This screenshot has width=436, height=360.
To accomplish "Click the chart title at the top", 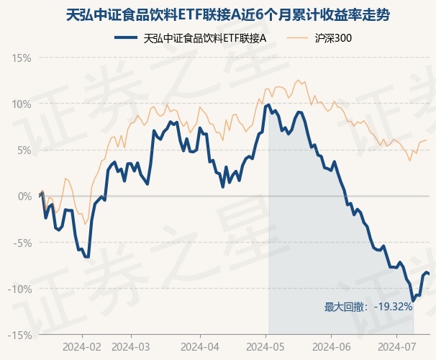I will pyautogui.click(x=218, y=14).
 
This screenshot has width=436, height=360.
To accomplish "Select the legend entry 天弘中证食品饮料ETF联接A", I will pyautogui.click(x=205, y=37).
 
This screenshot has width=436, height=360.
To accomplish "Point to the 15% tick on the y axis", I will pyautogui.click(x=22, y=57).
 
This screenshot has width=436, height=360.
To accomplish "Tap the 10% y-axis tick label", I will pyautogui.click(x=22, y=104).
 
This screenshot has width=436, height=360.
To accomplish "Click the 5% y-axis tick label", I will pyautogui.click(x=24, y=150).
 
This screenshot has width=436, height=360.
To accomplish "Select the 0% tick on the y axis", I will pyautogui.click(x=24, y=196).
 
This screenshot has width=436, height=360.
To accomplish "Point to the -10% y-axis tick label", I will pyautogui.click(x=21, y=289).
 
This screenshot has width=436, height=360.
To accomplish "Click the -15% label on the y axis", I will pyautogui.click(x=21, y=335).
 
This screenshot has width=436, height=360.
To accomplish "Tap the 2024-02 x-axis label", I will pyautogui.click(x=83, y=346).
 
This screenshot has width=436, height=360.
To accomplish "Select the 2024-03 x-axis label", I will pyautogui.click(x=131, y=346).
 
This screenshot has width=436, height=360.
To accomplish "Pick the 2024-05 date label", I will pyautogui.click(x=267, y=346).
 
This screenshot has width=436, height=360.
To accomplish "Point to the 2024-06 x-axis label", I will pyautogui.click(x=330, y=346).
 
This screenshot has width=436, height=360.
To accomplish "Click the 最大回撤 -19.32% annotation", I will pyautogui.click(x=368, y=307).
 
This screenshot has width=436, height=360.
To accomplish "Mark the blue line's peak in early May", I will pyautogui.click(x=268, y=105).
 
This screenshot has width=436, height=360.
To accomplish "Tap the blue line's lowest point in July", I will pyautogui.click(x=413, y=300).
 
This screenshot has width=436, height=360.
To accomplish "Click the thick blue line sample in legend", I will pyautogui.click(x=127, y=37).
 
